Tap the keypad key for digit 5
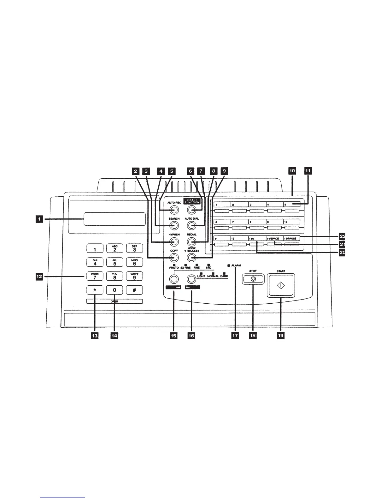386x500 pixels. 115,262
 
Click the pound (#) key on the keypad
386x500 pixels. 134,290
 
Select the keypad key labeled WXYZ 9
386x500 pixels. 134,276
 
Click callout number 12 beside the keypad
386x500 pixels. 39,277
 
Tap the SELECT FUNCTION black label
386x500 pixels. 192,201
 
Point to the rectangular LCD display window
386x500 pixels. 114,219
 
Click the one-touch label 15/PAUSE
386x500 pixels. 290,239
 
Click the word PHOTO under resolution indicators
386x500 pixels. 174,267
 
